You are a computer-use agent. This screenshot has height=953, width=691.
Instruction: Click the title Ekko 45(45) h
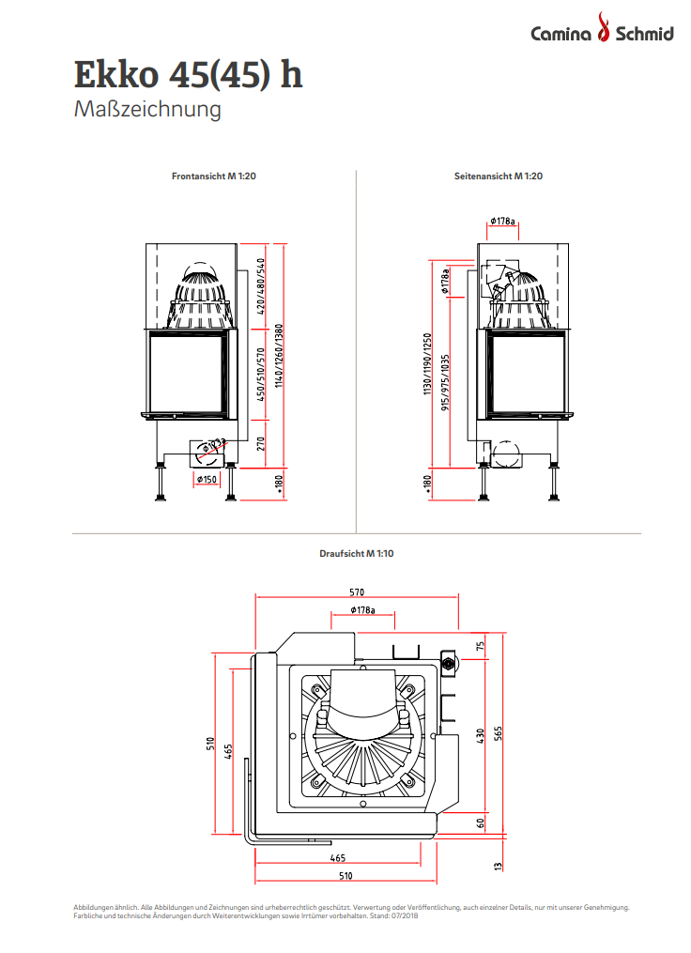[x=188, y=73]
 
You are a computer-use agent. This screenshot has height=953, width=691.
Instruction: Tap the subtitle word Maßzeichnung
[x=147, y=110]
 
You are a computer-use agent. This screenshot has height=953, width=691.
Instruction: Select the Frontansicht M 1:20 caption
[x=213, y=176]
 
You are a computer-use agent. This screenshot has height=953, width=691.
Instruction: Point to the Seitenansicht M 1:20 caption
[x=499, y=176]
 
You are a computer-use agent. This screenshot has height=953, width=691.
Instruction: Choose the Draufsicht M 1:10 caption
[x=357, y=554]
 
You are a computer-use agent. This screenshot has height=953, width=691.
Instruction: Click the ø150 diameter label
[x=206, y=479]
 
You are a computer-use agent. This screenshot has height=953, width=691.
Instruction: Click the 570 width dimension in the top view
[x=357, y=592]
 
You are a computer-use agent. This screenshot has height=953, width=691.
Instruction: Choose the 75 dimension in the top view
[x=480, y=646]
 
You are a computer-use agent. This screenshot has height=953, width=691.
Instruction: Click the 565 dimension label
[x=498, y=733]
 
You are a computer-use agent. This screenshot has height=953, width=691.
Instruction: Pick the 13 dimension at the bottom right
[x=498, y=865]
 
